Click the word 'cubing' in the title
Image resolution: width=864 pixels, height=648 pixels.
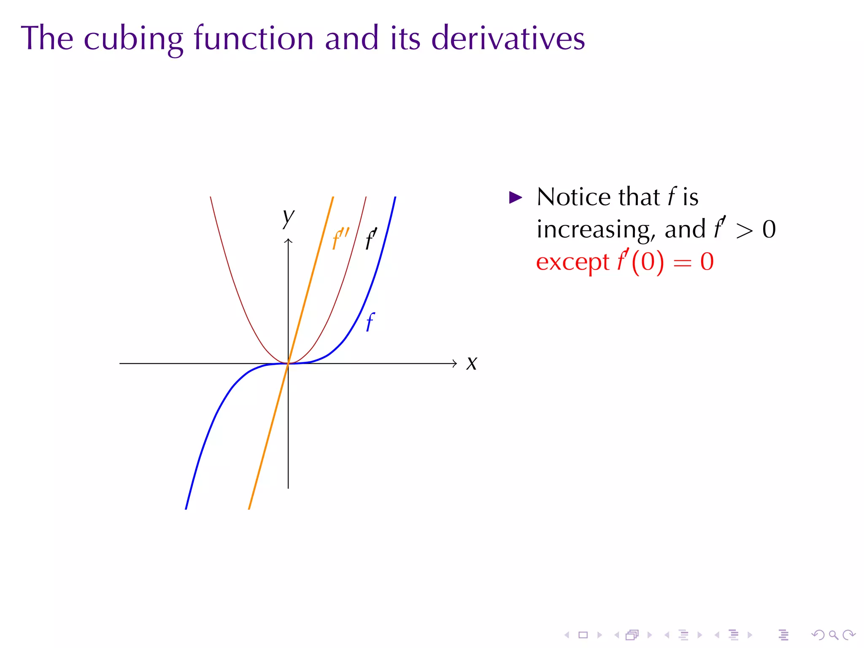133,39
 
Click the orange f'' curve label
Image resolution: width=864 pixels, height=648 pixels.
340,239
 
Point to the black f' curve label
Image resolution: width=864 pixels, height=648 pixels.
371,239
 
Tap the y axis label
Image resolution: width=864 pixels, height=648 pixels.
289,218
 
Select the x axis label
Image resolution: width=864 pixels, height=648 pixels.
472,363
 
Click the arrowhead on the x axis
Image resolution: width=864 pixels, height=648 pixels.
454,363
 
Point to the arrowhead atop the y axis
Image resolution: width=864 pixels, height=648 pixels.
288,241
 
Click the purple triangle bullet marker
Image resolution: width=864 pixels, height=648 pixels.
516,197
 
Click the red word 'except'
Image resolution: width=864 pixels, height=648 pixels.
572,262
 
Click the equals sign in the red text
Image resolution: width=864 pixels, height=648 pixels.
682,263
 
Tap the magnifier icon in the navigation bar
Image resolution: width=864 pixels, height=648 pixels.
833,635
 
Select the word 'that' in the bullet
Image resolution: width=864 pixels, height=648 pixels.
639,197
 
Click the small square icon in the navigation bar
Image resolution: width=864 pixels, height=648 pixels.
583,635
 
